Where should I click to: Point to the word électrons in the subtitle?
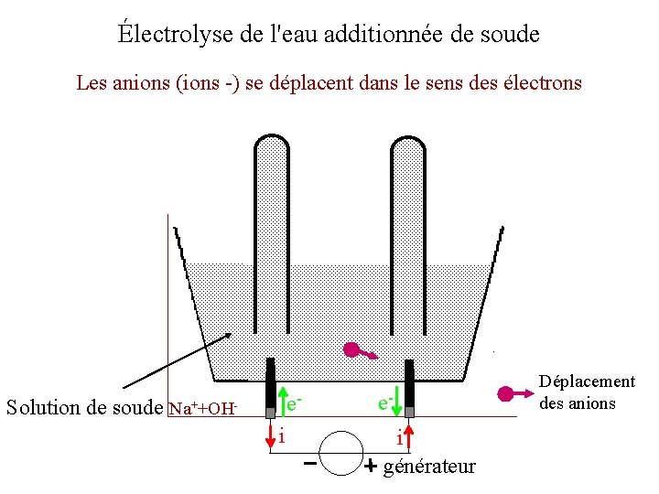pyautogui.click(x=543, y=83)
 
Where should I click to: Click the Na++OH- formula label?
pyautogui.click(x=203, y=408)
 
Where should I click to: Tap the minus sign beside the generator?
pyautogui.click(x=310, y=464)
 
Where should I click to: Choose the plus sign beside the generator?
pyautogui.click(x=371, y=466)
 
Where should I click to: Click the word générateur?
pyautogui.click(x=430, y=467)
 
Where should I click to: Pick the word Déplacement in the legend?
pyautogui.click(x=587, y=381)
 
